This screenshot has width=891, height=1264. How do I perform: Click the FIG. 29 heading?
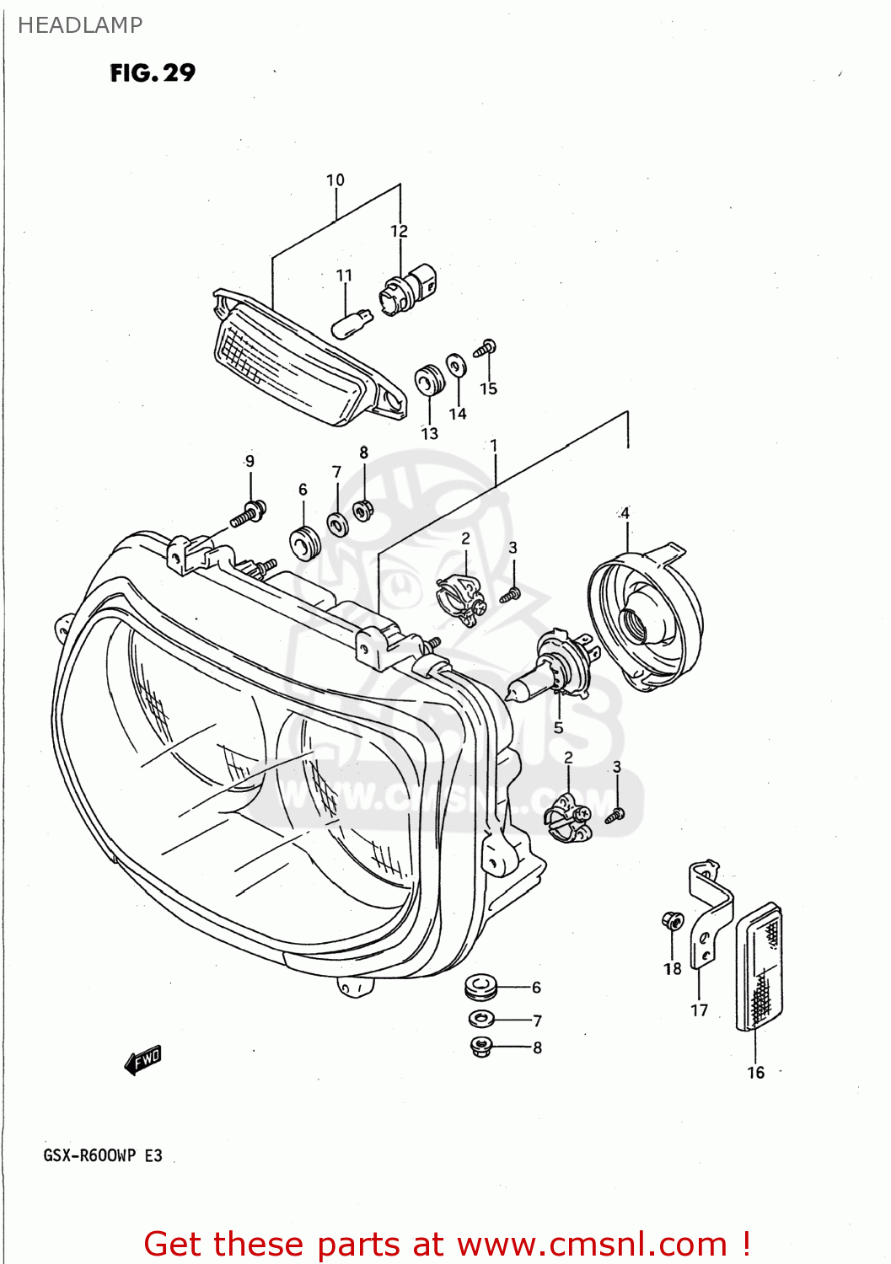[x=153, y=73]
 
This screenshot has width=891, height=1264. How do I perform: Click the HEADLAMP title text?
[x=80, y=25]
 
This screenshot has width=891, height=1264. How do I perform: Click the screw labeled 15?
[x=487, y=348]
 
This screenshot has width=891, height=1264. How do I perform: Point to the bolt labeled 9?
[x=249, y=512]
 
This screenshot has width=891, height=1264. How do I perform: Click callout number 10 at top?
[x=335, y=180]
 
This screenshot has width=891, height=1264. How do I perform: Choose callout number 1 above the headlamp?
[x=494, y=445]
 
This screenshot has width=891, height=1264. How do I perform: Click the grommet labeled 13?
[x=430, y=381]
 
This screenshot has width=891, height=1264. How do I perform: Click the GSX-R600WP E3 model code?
[x=103, y=1155]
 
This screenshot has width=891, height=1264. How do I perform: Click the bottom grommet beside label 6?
[x=481, y=986]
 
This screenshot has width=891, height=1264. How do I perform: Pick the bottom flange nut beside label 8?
[x=481, y=1047]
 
